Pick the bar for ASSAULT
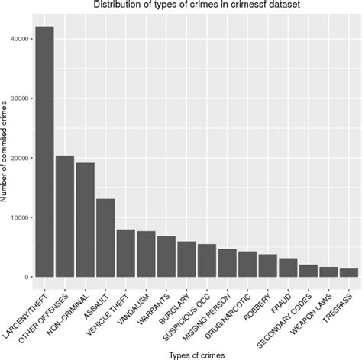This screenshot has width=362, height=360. tap(105, 237)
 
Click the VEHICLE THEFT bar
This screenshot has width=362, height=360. tap(125, 252)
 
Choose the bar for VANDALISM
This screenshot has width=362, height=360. tap(146, 253)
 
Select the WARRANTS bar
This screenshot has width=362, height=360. tap(166, 256)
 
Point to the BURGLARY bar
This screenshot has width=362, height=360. tap(186, 259)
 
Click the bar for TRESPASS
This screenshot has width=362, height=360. tap(348, 272)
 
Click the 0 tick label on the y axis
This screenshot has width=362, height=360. tap(27, 277)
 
